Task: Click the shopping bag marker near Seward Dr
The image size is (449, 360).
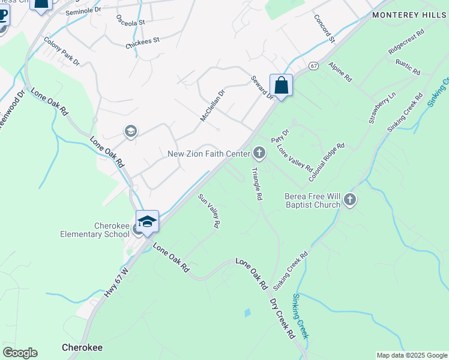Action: point(281,85)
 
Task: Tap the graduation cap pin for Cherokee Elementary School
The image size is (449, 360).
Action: point(148,221)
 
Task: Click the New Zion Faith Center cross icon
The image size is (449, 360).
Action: point(259,154)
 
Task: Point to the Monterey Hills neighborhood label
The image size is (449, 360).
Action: point(409,15)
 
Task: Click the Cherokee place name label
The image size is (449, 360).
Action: point(82,347)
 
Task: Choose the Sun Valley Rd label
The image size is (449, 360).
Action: point(209,210)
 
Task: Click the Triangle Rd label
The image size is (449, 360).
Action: point(256,184)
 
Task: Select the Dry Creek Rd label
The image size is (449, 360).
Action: point(282,318)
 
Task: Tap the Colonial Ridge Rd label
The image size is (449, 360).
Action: point(327,163)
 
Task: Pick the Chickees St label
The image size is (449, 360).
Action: point(142,43)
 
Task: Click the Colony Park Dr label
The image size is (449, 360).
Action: point(62,52)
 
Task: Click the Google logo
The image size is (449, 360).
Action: point(20,353)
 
